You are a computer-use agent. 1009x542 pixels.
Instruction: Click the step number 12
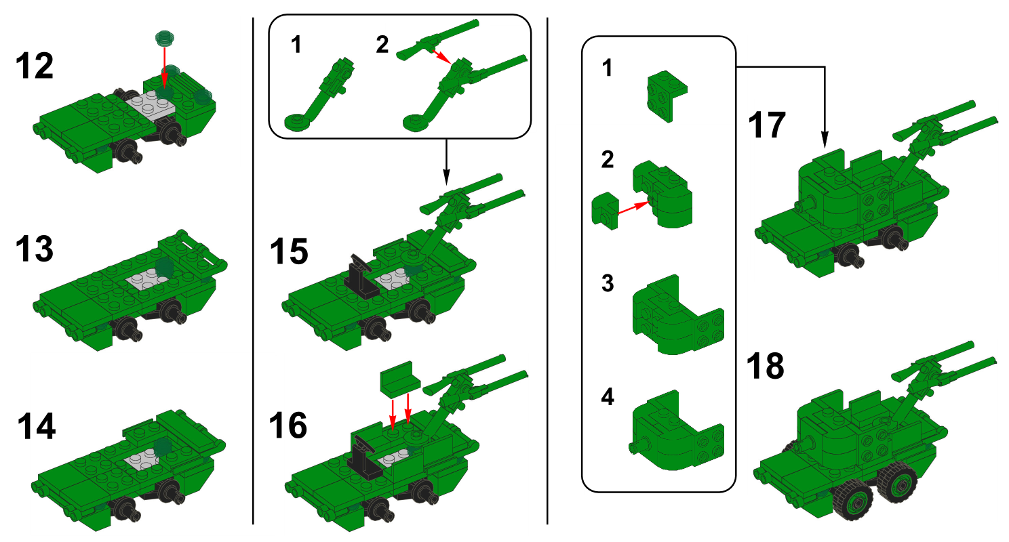34,67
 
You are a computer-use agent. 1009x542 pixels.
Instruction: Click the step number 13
34,249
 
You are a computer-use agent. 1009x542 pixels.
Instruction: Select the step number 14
37,428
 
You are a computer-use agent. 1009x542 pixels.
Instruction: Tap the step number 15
288,251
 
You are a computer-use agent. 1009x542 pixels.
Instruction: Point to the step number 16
288,426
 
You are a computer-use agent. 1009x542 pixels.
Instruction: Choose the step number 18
765,366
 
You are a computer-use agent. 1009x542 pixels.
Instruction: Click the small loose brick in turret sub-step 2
606,209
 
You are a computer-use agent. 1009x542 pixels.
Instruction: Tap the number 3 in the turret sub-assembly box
608,283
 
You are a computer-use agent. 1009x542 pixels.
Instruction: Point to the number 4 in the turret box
608,397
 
